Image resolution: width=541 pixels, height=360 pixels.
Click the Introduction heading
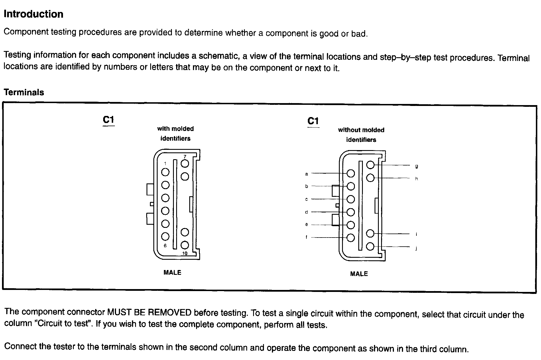pyautogui.click(x=33, y=14)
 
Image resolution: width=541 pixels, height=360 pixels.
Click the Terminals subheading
pyautogui.click(x=24, y=92)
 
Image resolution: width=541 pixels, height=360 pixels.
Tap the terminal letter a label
pyautogui.click(x=307, y=174)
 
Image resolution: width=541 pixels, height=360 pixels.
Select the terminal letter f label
pyautogui.click(x=306, y=237)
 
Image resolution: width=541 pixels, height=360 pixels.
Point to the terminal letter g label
pyautogui.click(x=416, y=166)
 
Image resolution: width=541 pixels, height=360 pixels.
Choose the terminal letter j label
pyautogui.click(x=416, y=248)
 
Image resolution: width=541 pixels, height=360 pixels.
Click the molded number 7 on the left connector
pyautogui.click(x=185, y=157)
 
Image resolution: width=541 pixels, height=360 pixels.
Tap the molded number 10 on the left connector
pyautogui.click(x=185, y=253)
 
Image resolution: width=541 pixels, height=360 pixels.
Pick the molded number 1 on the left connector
pyautogui.click(x=165, y=163)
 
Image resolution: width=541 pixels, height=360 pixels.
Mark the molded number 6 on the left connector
pyautogui.click(x=165, y=246)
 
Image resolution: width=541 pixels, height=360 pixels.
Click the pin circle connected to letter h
pyautogui.click(x=370, y=178)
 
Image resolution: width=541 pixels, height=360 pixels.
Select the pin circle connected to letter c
pyautogui.click(x=351, y=199)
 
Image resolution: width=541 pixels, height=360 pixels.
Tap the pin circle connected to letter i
pyautogui.click(x=370, y=234)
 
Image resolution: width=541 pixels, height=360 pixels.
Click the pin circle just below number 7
pyautogui.click(x=185, y=163)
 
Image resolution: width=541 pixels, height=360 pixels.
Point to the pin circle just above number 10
pyautogui.click(x=185, y=245)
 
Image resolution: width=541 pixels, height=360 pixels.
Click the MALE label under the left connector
pyautogui.click(x=172, y=273)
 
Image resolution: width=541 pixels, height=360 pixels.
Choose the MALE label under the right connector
pyautogui.click(x=359, y=274)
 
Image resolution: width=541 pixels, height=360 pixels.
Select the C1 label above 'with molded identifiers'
pyautogui.click(x=108, y=120)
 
